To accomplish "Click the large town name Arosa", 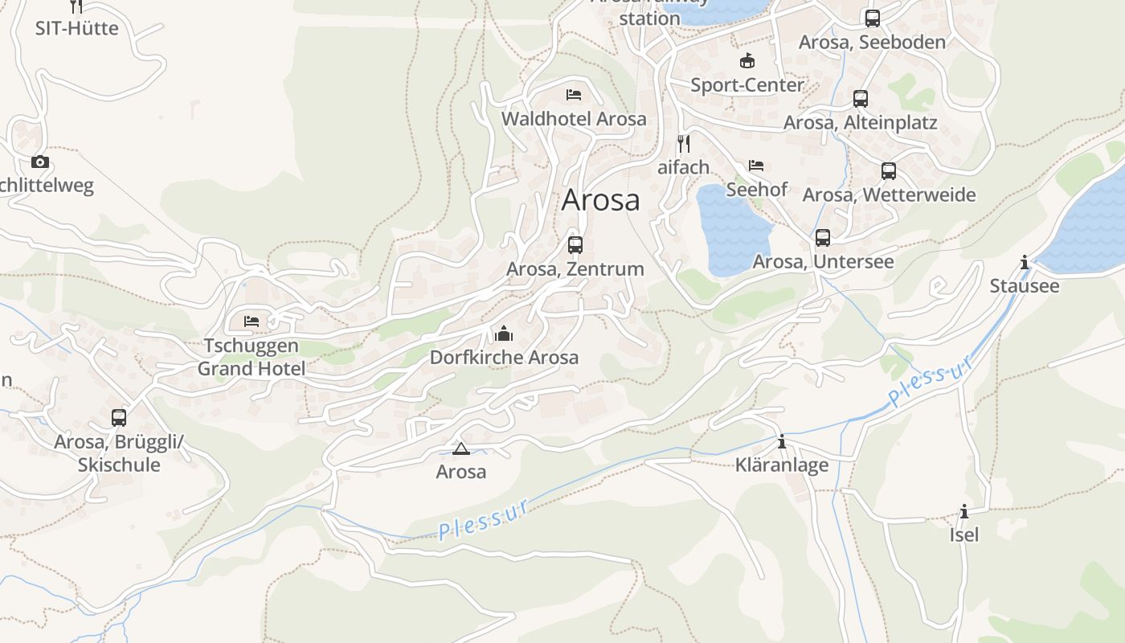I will tap(600, 200).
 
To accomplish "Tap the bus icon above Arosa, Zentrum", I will tap(575, 245).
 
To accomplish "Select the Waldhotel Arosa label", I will tap(574, 119).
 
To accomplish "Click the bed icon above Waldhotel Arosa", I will tap(574, 95).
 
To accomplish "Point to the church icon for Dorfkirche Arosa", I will tap(504, 333).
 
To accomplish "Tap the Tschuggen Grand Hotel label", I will tap(252, 358).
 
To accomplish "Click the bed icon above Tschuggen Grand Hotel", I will tap(252, 321).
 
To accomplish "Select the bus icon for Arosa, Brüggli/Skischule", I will tap(119, 418).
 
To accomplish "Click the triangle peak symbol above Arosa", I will tap(460, 448).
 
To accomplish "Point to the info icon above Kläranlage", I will tap(782, 442).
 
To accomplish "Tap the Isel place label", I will tap(964, 534).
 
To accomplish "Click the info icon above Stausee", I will tap(1025, 262).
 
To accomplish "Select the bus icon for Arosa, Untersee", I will tap(823, 238).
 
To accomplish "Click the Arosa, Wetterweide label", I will tap(889, 195).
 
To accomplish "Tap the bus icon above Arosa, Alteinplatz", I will tap(861, 99).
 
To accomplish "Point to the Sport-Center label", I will tap(747, 84).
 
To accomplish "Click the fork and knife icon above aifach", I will tap(684, 144).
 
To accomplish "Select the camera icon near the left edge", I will tap(39, 162).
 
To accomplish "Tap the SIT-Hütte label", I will tap(76, 28).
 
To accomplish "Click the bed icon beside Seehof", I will tap(756, 166).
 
